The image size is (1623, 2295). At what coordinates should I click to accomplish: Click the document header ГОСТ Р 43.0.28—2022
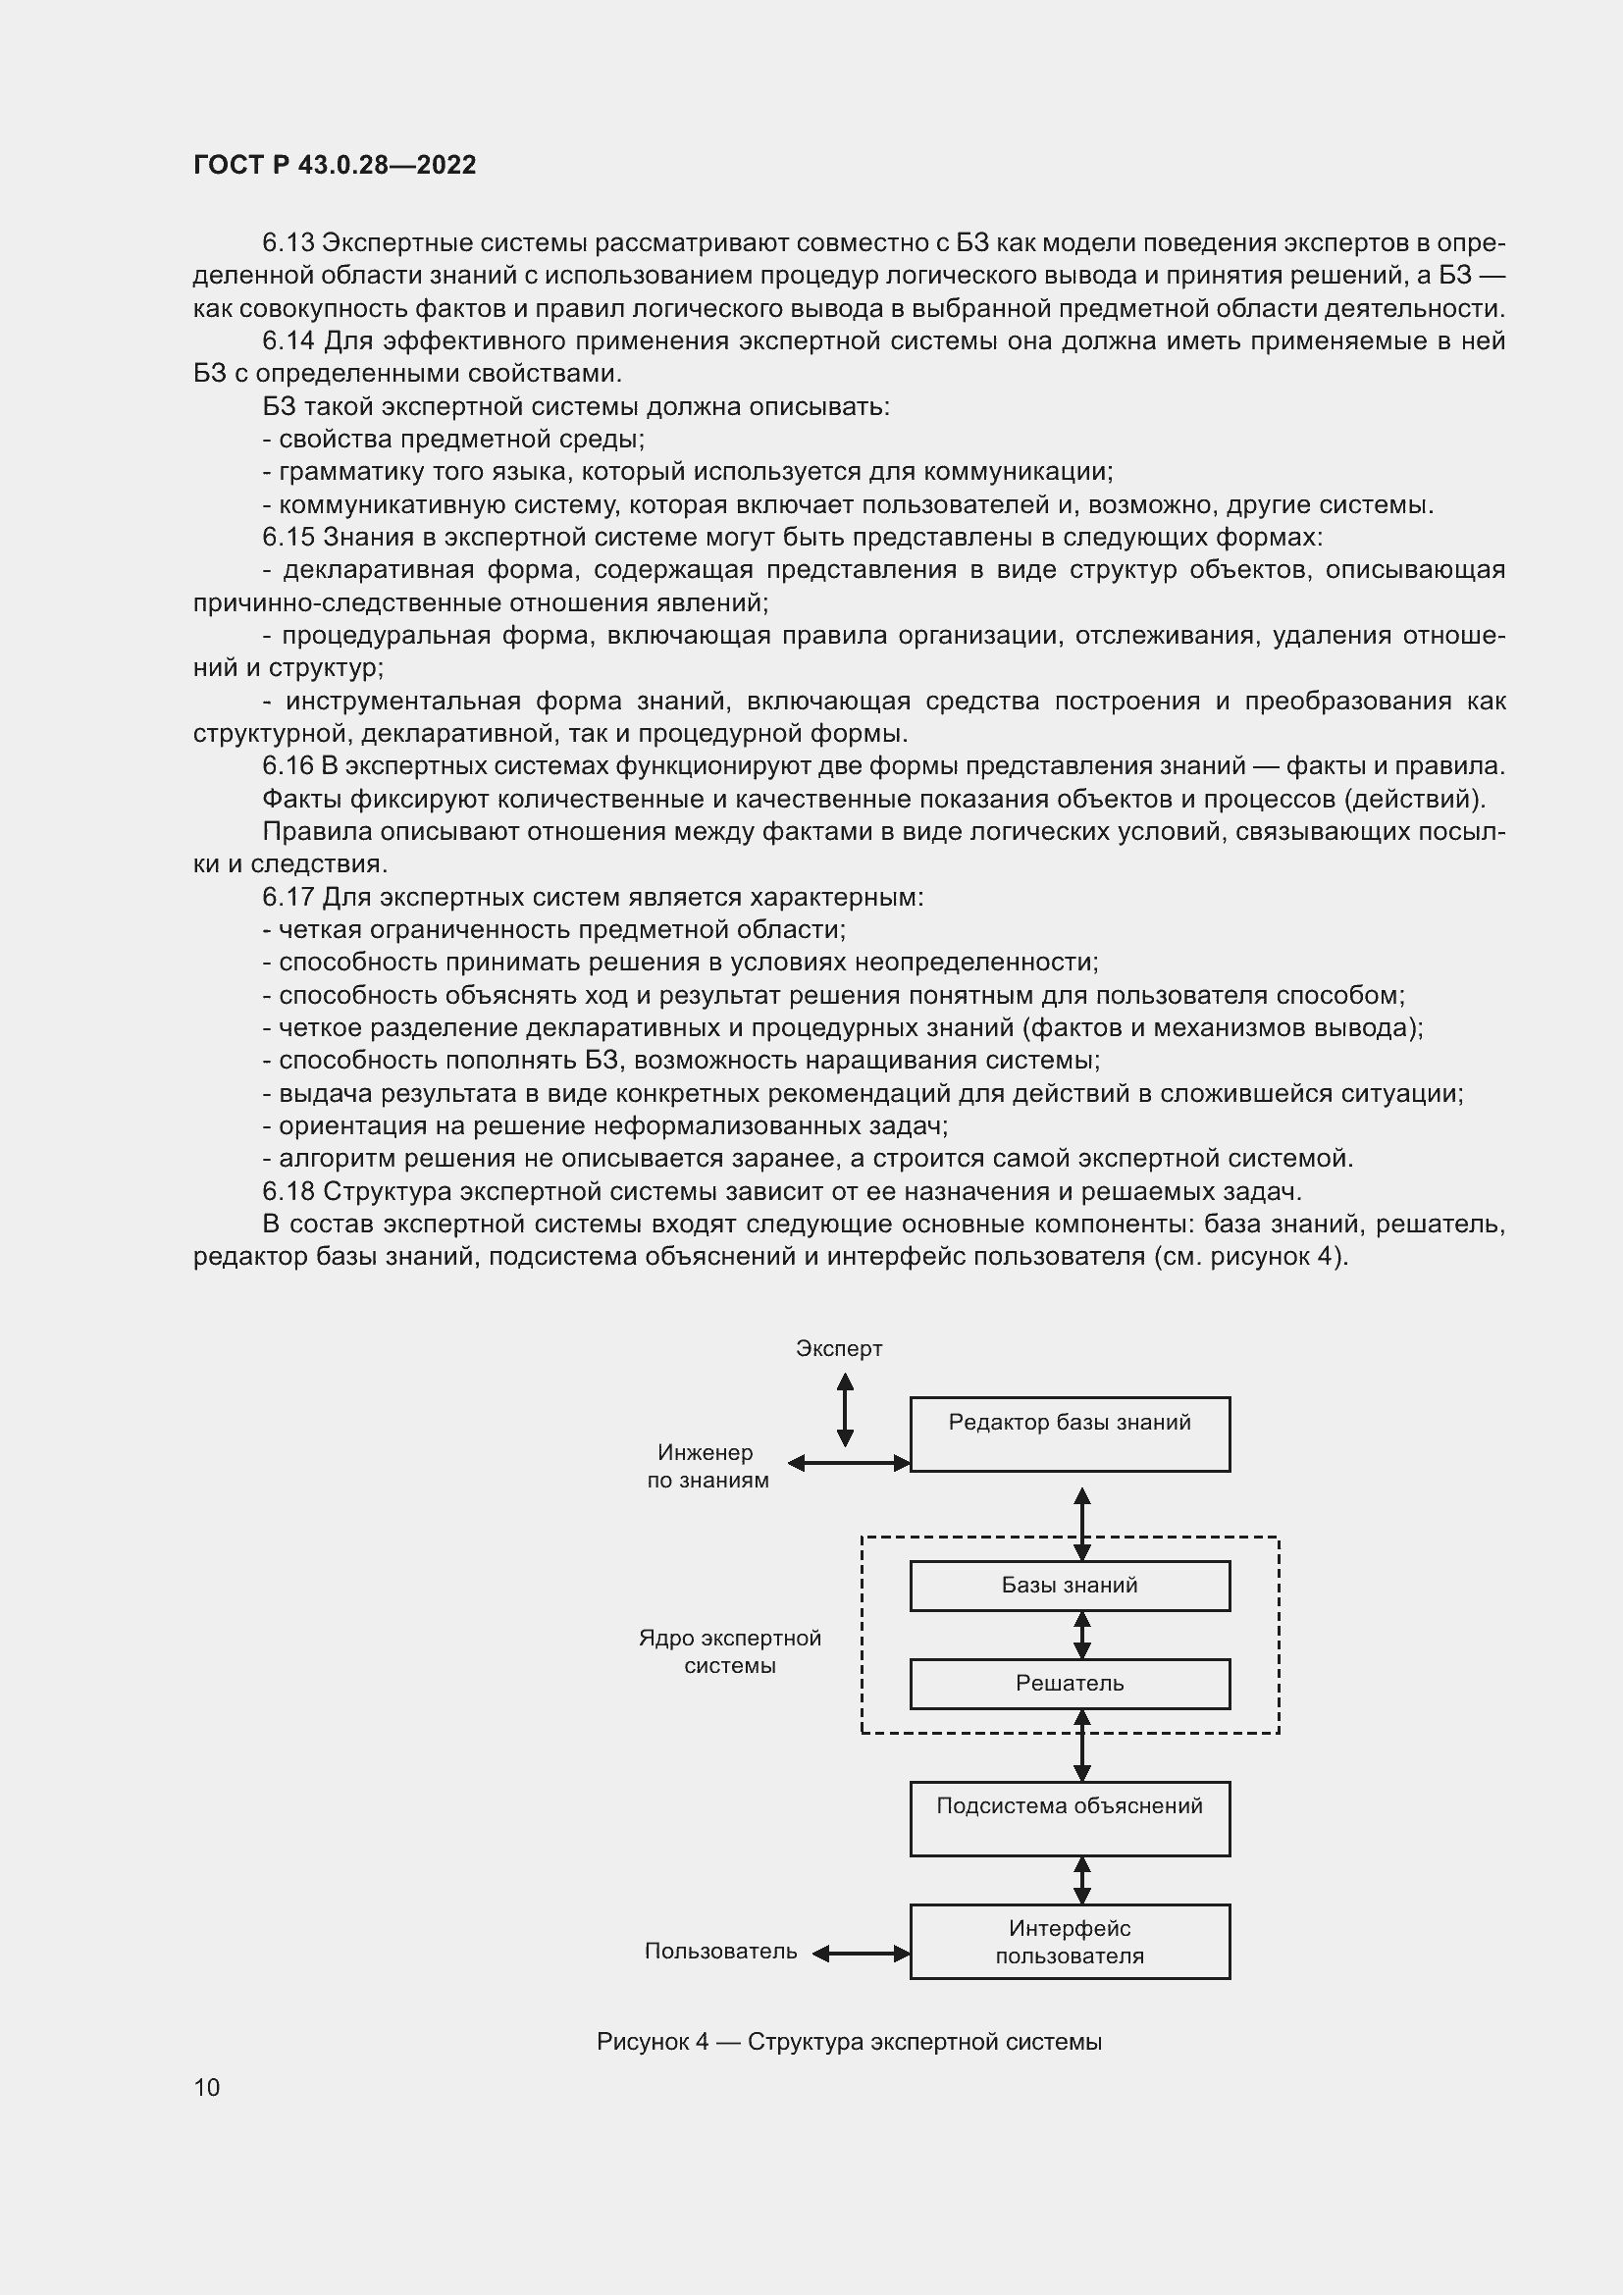[334, 165]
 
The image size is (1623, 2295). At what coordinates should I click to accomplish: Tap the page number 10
[207, 2087]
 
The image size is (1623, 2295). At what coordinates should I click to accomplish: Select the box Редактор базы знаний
[1070, 1434]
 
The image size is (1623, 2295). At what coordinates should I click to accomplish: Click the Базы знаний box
[1070, 1586]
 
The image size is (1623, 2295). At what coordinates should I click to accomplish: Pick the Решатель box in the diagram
[1070, 1684]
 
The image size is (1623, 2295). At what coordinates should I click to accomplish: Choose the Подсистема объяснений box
[1070, 1818]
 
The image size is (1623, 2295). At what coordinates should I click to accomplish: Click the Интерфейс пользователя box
[1070, 1941]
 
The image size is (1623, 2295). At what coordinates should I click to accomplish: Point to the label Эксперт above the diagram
[838, 1348]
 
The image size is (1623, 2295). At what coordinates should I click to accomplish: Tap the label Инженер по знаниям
[707, 1466]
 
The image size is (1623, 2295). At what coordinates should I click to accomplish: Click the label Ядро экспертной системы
[729, 1651]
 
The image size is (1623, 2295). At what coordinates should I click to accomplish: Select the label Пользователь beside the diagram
[720, 1952]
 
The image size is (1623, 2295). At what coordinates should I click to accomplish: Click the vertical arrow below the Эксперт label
[845, 1409]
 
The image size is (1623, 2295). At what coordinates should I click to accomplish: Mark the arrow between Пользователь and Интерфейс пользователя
[861, 1954]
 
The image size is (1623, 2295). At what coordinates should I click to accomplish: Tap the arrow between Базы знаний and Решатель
[1081, 1635]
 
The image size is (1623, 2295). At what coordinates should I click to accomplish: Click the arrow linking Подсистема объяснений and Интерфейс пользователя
[1081, 1880]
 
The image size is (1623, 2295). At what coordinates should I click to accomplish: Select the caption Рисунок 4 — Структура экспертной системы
[849, 2041]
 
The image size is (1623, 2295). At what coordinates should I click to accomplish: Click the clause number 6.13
[288, 243]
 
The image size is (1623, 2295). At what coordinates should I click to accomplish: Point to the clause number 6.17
[288, 897]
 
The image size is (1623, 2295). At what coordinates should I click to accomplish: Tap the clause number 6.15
[288, 537]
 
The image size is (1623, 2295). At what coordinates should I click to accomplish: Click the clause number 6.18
[288, 1191]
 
